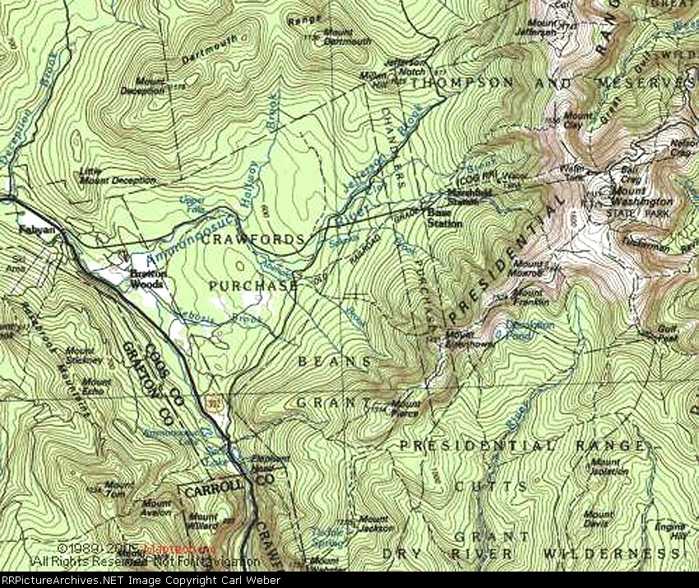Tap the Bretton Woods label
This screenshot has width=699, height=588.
point(149,280)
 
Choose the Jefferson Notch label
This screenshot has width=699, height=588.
point(406,66)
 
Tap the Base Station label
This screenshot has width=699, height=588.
point(443,218)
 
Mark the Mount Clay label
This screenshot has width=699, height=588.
point(578,119)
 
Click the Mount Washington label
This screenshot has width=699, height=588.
point(641,197)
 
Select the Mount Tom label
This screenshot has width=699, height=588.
point(119,488)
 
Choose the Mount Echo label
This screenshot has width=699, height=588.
point(96,387)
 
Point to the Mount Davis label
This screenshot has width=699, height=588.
point(598,519)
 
